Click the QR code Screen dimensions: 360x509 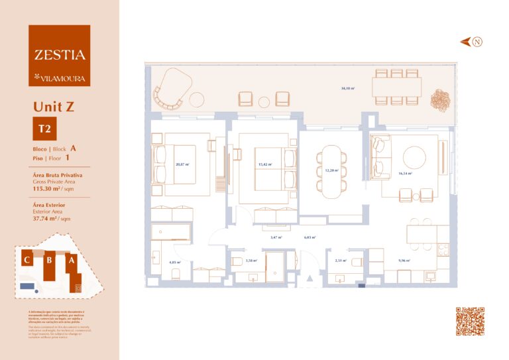click(x=470, y=321)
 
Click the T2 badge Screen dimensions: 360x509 click(x=44, y=129)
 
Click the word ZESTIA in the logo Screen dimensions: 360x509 click(x=59, y=56)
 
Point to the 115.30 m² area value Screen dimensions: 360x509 click(x=49, y=189)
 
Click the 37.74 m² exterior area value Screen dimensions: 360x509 click(x=48, y=218)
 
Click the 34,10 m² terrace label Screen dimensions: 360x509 click(x=347, y=88)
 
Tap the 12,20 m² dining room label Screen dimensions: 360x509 click(x=331, y=170)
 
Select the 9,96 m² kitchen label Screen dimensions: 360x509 click(x=404, y=261)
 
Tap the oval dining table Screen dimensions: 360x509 click(x=331, y=171)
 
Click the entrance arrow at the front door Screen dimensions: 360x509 click(x=308, y=280)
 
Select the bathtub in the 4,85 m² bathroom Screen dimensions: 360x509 click(x=170, y=232)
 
